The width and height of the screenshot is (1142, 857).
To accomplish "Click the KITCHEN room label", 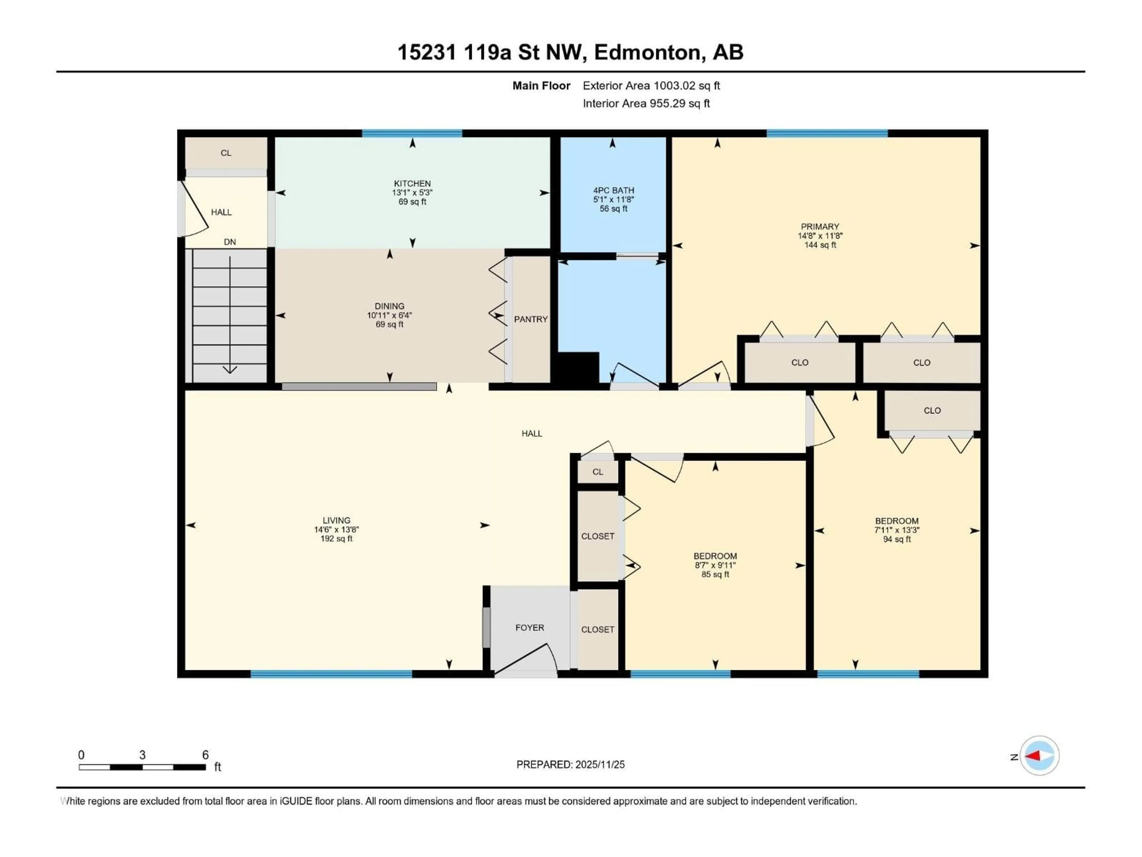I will click(412, 183).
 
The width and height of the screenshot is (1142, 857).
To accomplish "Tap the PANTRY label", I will click(530, 319).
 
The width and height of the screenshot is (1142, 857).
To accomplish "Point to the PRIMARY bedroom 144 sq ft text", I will click(820, 245).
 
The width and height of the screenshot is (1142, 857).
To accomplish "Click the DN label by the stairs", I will click(230, 242).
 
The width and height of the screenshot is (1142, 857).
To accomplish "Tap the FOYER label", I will click(529, 628).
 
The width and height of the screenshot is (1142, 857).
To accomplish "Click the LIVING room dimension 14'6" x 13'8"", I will click(336, 529).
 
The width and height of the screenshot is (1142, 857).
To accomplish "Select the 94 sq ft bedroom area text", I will click(896, 539).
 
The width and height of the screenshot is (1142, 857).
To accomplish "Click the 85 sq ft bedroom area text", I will click(715, 574).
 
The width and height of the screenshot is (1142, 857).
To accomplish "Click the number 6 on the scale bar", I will click(205, 755).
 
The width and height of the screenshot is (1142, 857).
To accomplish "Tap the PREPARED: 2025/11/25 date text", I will click(570, 764).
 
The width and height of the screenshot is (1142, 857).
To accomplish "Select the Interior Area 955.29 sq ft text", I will click(646, 103).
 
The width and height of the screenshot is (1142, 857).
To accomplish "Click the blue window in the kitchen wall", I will click(412, 133).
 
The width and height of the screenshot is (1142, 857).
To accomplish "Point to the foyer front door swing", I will click(527, 658).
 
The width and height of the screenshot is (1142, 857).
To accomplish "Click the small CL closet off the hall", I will click(597, 472).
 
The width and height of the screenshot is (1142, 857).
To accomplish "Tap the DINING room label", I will click(389, 306).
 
